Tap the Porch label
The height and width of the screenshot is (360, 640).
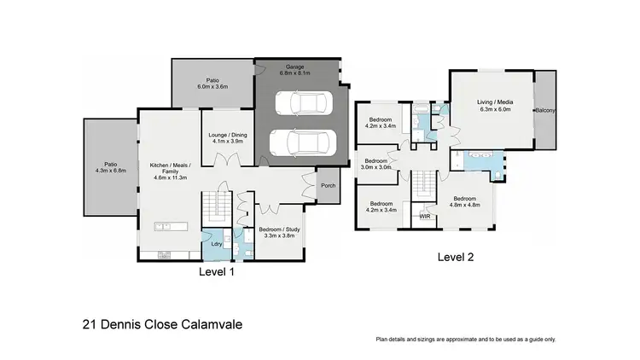click(328, 187)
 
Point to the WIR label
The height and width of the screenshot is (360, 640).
click(425, 217)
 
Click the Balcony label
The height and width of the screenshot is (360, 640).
click(545, 110)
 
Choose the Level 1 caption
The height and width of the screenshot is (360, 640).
click(216, 273)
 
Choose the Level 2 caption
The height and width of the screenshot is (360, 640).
click(455, 256)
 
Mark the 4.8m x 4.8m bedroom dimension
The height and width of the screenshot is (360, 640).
click(467, 205)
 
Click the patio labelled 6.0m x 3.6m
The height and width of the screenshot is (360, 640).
click(212, 84)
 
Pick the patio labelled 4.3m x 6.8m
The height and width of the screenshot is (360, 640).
click(109, 170)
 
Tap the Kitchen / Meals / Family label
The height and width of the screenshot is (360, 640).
click(170, 171)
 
